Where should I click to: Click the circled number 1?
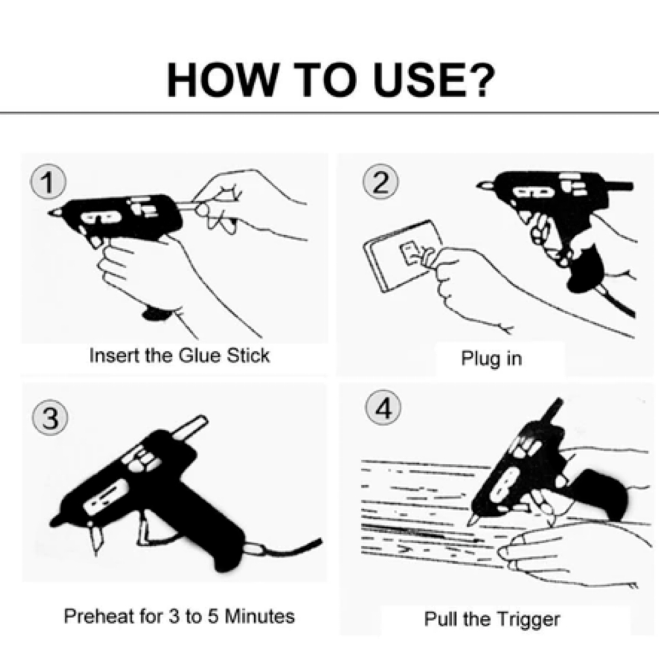click(48, 181)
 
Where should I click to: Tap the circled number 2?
click(380, 181)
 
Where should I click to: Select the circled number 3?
click(50, 418)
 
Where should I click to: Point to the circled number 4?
click(383, 408)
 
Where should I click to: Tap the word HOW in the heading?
click(222, 80)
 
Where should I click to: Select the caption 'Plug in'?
click(491, 359)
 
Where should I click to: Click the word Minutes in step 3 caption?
click(260, 616)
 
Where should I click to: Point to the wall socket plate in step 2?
click(403, 256)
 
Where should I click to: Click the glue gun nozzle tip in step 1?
click(52, 213)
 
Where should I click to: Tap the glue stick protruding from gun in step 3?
click(189, 428)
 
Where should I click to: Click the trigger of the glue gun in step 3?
click(148, 530)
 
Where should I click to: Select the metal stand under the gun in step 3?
click(96, 537)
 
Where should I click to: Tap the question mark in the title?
click(480, 80)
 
